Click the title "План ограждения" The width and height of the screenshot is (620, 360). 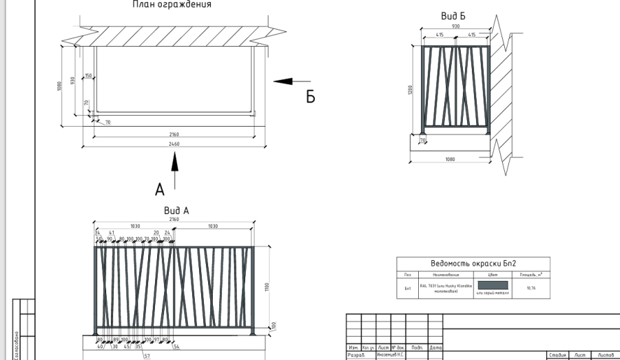pyautogui.click(x=172, y=5)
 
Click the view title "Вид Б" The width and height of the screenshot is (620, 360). pyautogui.click(x=453, y=16)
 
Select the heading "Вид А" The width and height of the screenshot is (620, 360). pyautogui.click(x=176, y=210)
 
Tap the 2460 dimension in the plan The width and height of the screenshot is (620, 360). pyautogui.click(x=174, y=143)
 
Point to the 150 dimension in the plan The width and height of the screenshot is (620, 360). pyautogui.click(x=88, y=76)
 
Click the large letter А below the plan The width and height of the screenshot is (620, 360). pyautogui.click(x=160, y=190)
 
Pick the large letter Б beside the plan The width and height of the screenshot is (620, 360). pyautogui.click(x=311, y=96)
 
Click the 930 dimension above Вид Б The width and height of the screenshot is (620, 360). pyautogui.click(x=456, y=25)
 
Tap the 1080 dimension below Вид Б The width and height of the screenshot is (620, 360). pyautogui.click(x=450, y=159)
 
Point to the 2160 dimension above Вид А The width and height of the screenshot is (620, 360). pyautogui.click(x=174, y=219)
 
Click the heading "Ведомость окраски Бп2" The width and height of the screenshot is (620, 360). pyautogui.click(x=473, y=263)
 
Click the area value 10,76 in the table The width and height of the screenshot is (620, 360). pyautogui.click(x=530, y=288)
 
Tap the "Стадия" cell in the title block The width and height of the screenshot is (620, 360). pyautogui.click(x=557, y=354)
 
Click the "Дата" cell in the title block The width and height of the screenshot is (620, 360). pyautogui.click(x=435, y=348)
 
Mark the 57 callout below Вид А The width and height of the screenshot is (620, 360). pyautogui.click(x=147, y=356)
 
